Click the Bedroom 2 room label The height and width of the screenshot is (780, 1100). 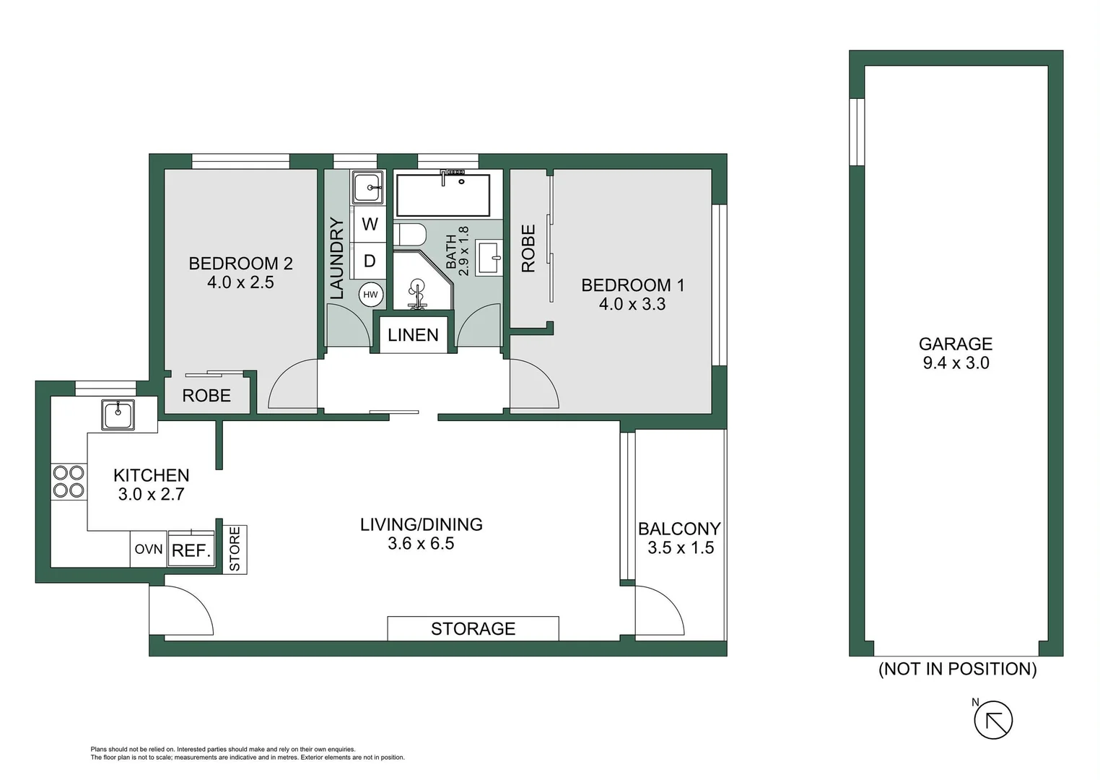(x=240, y=264)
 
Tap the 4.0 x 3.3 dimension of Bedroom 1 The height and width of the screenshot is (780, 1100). (x=632, y=304)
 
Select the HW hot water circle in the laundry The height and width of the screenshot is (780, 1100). (x=370, y=295)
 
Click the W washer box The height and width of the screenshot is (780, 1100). (x=370, y=224)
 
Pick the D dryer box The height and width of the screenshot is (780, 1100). (x=370, y=261)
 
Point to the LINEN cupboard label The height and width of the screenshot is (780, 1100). (x=413, y=335)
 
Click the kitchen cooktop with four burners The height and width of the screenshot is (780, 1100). (x=68, y=482)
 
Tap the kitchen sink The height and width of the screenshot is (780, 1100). (x=118, y=415)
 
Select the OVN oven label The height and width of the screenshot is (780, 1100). (x=148, y=550)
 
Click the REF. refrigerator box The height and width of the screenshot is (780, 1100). (x=191, y=550)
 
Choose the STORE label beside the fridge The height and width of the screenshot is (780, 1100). (x=235, y=550)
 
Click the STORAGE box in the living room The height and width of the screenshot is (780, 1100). (x=473, y=629)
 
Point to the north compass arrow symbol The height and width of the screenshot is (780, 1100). (x=993, y=720)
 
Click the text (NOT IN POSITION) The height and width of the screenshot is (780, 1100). (x=957, y=669)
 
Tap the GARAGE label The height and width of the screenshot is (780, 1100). (x=955, y=344)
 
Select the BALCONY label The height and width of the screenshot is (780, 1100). (x=679, y=529)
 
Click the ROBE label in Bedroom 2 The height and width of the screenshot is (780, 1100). (x=206, y=396)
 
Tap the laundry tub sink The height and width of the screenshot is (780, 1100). (x=369, y=188)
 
